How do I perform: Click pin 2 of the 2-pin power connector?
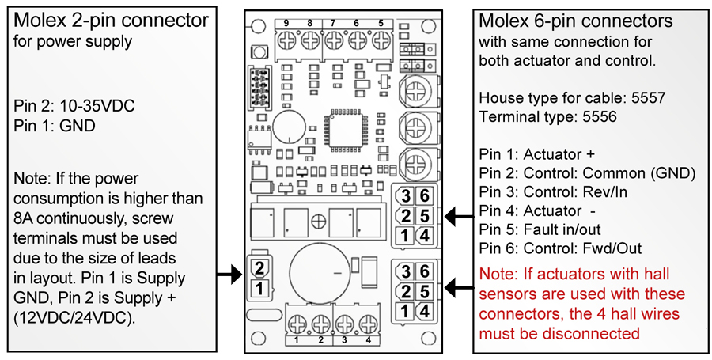(x=259, y=268)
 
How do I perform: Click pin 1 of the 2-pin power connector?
(x=259, y=287)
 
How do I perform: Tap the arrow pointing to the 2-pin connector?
(x=229, y=275)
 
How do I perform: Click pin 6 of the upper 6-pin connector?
(x=425, y=196)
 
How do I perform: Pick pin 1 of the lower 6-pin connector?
(x=404, y=311)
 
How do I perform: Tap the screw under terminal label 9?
(x=287, y=41)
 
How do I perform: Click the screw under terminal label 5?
(x=381, y=41)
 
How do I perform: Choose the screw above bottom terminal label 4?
(x=368, y=324)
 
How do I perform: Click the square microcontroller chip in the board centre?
(x=347, y=131)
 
